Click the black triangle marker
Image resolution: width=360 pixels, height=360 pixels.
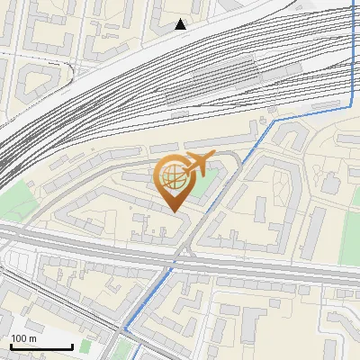181,24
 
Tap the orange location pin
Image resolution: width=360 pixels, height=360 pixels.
174,180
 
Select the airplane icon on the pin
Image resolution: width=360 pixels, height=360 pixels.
197,163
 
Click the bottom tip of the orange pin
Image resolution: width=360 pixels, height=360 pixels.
174,211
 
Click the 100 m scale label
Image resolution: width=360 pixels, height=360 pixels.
24,338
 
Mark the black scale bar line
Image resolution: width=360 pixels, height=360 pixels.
40,347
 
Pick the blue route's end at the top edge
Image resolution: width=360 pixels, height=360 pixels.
352,3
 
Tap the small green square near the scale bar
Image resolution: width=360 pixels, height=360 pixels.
85,346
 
